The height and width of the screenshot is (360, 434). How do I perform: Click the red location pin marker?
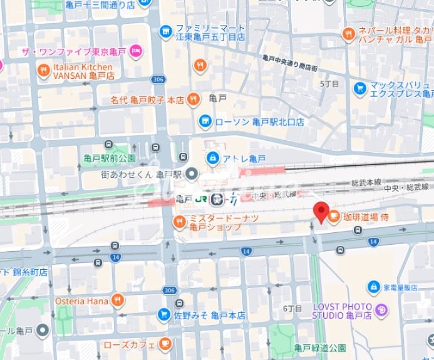coord(321,213)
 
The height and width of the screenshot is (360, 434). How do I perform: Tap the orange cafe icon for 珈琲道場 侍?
coord(334,217)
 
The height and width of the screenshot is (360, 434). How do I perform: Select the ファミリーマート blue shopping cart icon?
coord(165,29)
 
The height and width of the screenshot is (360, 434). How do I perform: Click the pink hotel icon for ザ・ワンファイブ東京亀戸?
coord(137,52)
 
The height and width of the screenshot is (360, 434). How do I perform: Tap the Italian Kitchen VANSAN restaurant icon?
coord(43,69)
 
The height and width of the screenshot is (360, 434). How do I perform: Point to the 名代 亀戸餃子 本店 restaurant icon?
coord(194,98)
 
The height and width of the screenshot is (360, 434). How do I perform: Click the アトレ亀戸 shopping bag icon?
coord(212,157)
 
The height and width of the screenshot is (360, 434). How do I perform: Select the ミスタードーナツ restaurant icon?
coord(180,221)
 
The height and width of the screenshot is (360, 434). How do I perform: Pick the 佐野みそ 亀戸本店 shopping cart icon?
coord(163,314)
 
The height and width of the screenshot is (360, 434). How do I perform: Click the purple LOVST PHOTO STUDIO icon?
coord(382,309)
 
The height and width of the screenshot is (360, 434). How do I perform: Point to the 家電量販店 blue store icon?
coord(373,287)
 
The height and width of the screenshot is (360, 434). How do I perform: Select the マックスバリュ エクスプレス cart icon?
coord(359,88)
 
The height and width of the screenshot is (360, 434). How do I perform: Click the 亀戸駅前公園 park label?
coord(110,157)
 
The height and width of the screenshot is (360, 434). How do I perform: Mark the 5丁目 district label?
coord(329,83)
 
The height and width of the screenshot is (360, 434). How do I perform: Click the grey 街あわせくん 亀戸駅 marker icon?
coord(192,174)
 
